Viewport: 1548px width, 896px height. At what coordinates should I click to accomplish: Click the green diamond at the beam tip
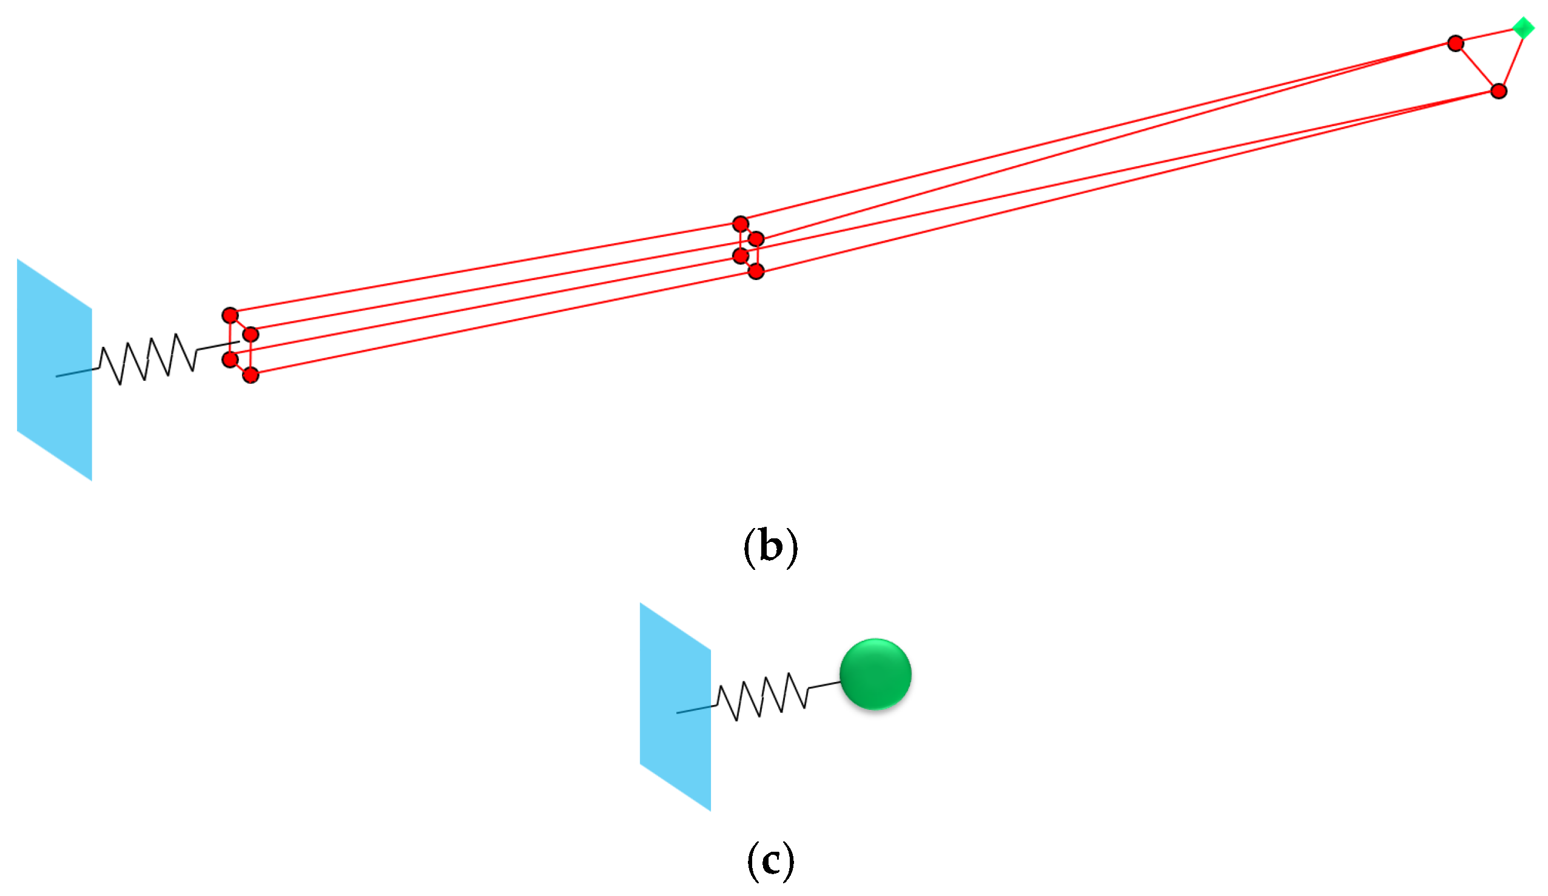(x=1523, y=28)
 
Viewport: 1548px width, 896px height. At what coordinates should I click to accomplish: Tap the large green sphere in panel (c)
(x=875, y=674)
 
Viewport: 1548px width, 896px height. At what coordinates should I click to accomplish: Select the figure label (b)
(x=770, y=546)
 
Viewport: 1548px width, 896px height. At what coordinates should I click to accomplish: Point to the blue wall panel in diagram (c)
(x=675, y=707)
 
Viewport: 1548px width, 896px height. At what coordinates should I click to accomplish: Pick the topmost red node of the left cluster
(x=230, y=316)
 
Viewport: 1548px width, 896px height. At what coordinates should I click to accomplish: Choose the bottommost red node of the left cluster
(x=251, y=375)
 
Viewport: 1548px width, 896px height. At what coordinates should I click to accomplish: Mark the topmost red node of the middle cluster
(x=740, y=224)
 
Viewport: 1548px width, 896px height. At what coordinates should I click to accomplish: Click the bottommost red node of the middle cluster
(x=756, y=271)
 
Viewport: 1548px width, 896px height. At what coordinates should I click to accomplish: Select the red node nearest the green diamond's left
(x=1455, y=44)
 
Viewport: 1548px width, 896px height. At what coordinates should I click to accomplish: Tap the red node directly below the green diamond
(x=1499, y=92)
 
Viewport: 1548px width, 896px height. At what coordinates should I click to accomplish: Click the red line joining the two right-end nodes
(x=1477, y=67)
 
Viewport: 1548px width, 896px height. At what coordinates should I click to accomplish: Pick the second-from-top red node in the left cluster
(x=251, y=335)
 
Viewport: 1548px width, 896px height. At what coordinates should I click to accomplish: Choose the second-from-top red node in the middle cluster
(x=756, y=238)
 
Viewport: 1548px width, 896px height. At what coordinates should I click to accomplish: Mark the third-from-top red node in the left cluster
(x=230, y=359)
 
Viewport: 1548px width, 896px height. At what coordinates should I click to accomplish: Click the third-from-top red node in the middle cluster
(x=741, y=255)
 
